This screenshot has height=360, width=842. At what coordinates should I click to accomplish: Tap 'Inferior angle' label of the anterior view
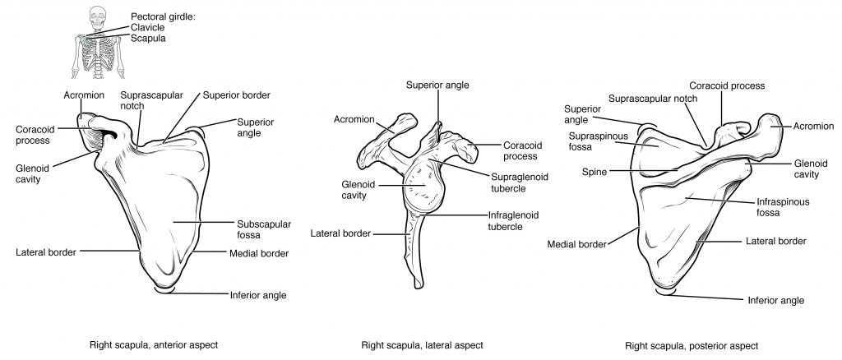pyautogui.click(x=258, y=293)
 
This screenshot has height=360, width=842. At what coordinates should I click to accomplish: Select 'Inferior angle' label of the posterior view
pyautogui.click(x=775, y=301)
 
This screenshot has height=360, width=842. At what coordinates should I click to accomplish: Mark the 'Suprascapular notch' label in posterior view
pyautogui.click(x=653, y=99)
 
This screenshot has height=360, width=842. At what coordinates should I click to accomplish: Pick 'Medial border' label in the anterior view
pyautogui.click(x=258, y=253)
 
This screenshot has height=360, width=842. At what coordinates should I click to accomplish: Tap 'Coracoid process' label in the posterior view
pyautogui.click(x=727, y=85)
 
